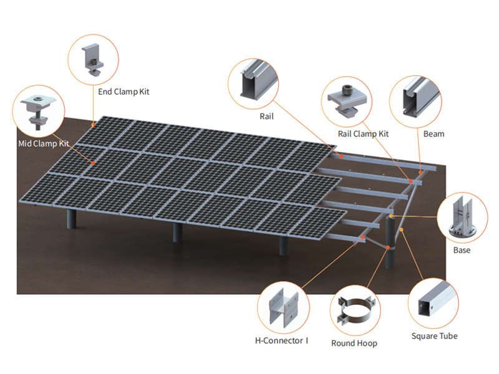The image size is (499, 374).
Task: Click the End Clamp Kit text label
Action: click(124, 92)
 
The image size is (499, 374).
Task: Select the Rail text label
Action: click(267, 116)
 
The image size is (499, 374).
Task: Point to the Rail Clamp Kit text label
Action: click(363, 134)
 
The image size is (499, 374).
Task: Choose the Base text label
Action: click(462, 250)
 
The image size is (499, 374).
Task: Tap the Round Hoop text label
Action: click(354, 343)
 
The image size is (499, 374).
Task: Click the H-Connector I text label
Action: click(282, 340)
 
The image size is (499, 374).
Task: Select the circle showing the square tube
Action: click(434, 303)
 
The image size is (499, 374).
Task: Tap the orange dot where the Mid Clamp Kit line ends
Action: click(93, 163)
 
